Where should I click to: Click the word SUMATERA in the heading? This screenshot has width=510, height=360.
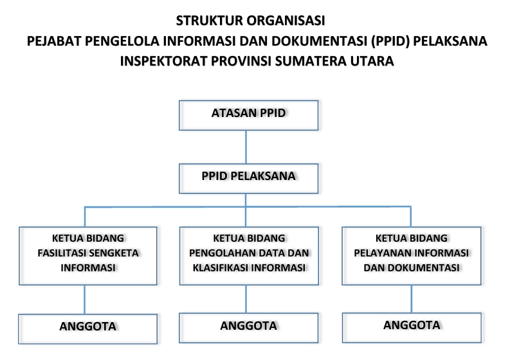tap(311, 61)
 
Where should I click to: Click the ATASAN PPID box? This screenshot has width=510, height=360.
tap(248, 115)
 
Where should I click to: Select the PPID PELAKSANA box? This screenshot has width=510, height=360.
tap(248, 178)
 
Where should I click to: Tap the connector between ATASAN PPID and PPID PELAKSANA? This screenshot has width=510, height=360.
tap(246, 147)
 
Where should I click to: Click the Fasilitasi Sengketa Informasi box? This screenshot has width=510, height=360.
tap(88, 256)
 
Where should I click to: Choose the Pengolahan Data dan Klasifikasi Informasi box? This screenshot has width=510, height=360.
tap(249, 256)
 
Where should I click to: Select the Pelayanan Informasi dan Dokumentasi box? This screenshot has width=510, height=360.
tap(412, 256)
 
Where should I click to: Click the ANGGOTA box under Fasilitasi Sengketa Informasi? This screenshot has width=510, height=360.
tap(88, 328)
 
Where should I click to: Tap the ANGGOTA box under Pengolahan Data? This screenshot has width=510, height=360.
tap(248, 328)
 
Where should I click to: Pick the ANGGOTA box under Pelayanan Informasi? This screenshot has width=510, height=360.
tap(412, 327)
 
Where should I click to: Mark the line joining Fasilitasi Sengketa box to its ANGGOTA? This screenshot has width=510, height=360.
tap(84, 300)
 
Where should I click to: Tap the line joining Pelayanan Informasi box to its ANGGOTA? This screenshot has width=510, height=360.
tap(412, 299)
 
